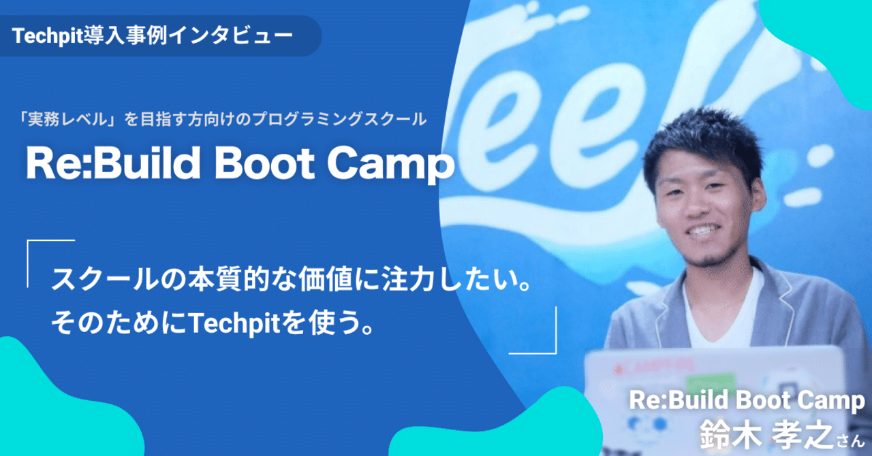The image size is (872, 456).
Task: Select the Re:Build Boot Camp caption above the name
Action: (747, 401)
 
